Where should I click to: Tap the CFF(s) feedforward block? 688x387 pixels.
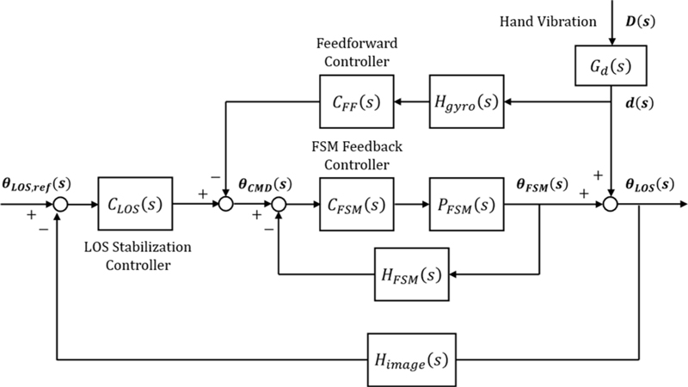(354, 103)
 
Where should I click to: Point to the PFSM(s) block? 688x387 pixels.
(464, 205)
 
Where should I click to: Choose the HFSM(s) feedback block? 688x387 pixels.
(409, 275)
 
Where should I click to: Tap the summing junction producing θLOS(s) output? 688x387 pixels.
(610, 205)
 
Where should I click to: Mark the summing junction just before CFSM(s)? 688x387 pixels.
(279, 205)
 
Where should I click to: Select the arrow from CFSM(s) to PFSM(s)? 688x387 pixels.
(409, 205)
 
